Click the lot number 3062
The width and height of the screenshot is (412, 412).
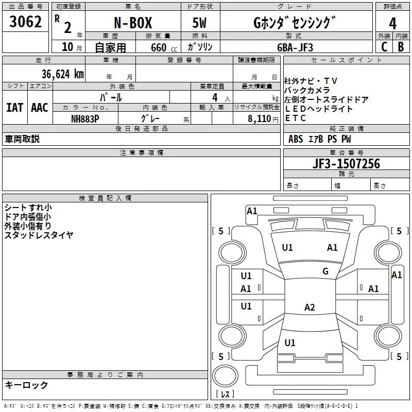[x=25, y=22]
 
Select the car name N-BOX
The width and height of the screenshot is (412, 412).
[x=133, y=23]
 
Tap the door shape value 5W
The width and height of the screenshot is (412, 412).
[x=199, y=23]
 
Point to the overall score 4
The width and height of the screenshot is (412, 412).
[x=392, y=24]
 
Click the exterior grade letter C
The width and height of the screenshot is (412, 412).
[x=384, y=47]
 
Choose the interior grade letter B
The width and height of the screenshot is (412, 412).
[x=401, y=47]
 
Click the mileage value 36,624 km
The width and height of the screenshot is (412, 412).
[x=63, y=74]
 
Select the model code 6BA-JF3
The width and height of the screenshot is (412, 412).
[x=295, y=47]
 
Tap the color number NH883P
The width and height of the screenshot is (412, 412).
[x=85, y=119]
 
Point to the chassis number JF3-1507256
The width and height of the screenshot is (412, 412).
[x=346, y=163]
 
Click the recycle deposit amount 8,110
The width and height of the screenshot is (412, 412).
[x=260, y=119]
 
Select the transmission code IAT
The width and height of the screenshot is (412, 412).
[x=14, y=108]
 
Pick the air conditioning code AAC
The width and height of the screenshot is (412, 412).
[x=40, y=108]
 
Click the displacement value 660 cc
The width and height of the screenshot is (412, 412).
[x=164, y=48]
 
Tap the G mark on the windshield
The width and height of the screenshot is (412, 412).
[x=325, y=271]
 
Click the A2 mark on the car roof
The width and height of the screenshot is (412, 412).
[x=310, y=307]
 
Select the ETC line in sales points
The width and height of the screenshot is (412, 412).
[x=295, y=118]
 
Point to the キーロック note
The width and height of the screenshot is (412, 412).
[x=26, y=385]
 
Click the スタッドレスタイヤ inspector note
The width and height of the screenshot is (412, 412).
[x=39, y=235]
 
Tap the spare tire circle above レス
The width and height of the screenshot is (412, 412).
[x=225, y=376]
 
